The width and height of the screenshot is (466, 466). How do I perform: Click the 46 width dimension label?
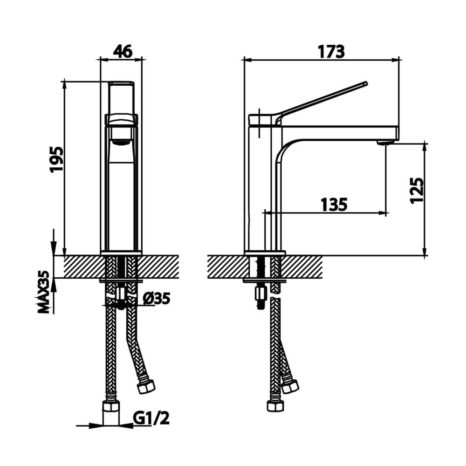123,52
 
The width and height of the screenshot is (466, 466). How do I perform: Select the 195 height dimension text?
57,159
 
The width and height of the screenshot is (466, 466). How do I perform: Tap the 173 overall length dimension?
331,52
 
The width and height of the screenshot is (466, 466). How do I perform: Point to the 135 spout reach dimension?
334,205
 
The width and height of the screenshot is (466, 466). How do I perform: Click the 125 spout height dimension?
417,190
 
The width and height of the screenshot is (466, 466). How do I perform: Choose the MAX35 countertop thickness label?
44,292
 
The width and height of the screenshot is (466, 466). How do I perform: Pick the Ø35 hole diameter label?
156,298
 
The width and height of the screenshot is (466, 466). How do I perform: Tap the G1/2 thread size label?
151,418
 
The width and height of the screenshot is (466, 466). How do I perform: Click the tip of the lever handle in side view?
366,83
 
